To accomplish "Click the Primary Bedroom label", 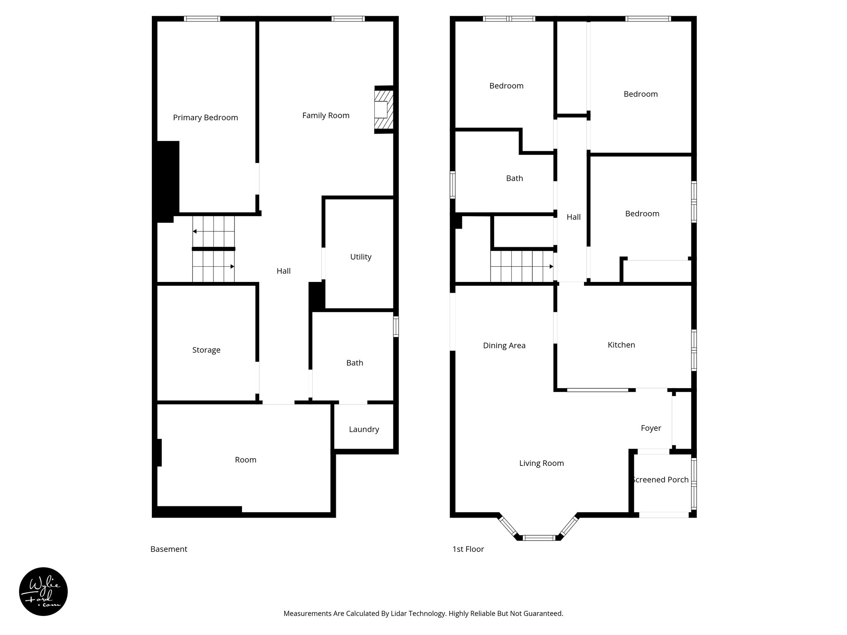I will [x=205, y=118].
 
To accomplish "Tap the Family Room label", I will [x=325, y=116].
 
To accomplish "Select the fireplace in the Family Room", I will [x=383, y=110].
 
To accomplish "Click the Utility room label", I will [x=361, y=257].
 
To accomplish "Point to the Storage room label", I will [x=206, y=350].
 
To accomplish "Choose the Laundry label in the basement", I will [x=364, y=430].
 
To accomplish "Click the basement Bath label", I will [x=354, y=363].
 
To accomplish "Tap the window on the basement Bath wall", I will [x=396, y=327].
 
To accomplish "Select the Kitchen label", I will [x=621, y=345].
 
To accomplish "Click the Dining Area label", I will [x=504, y=346].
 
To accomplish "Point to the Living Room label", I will [x=541, y=463].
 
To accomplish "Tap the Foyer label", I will [x=651, y=428].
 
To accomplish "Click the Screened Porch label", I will [x=660, y=480].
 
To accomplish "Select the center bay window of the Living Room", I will [x=539, y=537].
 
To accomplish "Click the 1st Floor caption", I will [x=468, y=549].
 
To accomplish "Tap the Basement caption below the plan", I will [x=169, y=549].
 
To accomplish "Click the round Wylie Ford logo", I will [x=43, y=592].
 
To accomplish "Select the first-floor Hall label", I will [x=573, y=217].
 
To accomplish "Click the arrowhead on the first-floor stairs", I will [x=551, y=267].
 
